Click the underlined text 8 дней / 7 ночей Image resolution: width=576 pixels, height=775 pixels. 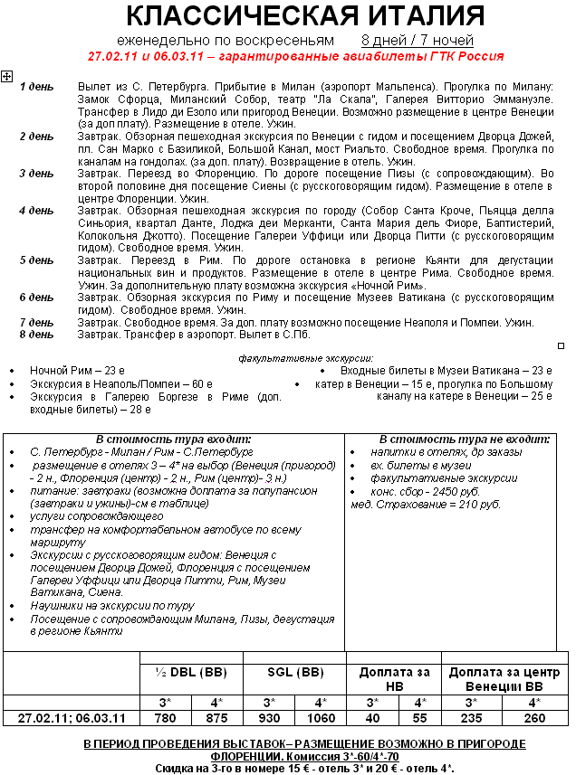coord(417,41)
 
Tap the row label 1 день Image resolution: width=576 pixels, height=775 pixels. coord(36,87)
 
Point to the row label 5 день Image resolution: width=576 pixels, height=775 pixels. coord(36,260)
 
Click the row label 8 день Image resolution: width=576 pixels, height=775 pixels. coord(36,335)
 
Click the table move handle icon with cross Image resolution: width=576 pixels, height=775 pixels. coord(6,77)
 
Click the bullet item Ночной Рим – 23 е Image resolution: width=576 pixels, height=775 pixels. coord(77,371)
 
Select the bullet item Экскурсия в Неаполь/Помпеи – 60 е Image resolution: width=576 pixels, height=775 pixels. coord(120,383)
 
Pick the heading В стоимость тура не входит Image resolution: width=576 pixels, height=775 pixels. coord(464,439)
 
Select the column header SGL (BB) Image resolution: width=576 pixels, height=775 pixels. coord(295,673)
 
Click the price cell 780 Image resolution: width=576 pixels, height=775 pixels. coord(165,718)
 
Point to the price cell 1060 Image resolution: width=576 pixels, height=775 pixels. coord(321,718)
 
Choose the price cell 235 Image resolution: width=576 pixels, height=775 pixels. coord(472,718)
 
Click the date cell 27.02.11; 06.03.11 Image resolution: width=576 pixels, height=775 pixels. coord(72,718)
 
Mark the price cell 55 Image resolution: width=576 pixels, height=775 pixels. coord(420,718)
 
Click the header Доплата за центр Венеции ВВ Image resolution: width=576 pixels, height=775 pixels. coord(504,679)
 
